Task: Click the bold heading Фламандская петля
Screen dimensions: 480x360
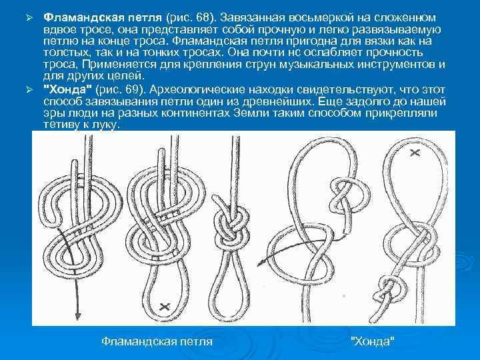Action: (x=103, y=17)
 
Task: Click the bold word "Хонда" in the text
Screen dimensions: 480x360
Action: (x=67, y=89)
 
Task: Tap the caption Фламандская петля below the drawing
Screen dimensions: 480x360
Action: (x=157, y=341)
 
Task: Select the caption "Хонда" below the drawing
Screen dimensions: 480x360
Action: (x=373, y=341)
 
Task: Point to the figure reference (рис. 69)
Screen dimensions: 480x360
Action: (x=121, y=90)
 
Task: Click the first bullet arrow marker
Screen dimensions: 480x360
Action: (x=29, y=18)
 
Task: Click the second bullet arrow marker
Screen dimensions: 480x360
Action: (x=29, y=90)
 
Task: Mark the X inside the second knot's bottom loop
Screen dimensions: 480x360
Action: (x=165, y=307)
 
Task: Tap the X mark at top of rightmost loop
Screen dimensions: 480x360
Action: (x=415, y=152)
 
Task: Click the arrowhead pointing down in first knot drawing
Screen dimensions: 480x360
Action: (x=78, y=315)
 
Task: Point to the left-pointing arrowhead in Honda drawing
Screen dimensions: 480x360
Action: (x=261, y=263)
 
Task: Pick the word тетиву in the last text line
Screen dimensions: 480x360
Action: (x=60, y=125)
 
